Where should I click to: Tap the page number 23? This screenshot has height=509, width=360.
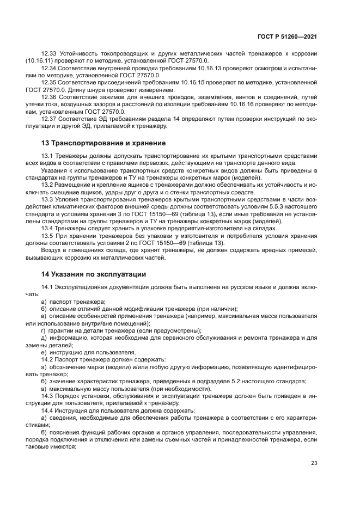click(x=314, y=463)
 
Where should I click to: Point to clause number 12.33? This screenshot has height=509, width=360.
click(x=49, y=54)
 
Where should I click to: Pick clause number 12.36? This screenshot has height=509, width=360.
click(x=49, y=96)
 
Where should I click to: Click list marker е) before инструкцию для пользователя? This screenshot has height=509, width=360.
click(x=44, y=352)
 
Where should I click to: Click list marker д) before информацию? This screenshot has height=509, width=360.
click(x=44, y=338)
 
